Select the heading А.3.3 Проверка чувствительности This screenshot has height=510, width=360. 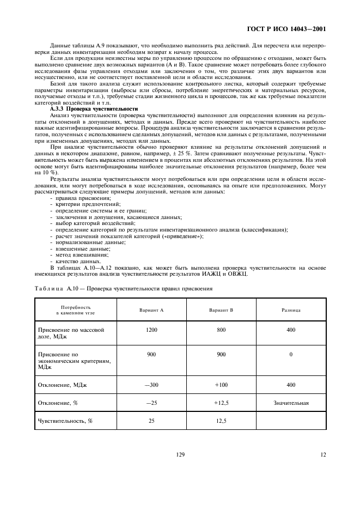coord(94,109)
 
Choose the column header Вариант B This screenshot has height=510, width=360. coord(221,309)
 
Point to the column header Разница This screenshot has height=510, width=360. coord(291,309)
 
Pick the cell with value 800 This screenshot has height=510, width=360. coord(221,330)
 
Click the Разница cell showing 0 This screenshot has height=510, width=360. coord(291,354)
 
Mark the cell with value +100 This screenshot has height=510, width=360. coord(221,385)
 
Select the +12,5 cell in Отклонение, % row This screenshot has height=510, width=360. coord(221,403)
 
